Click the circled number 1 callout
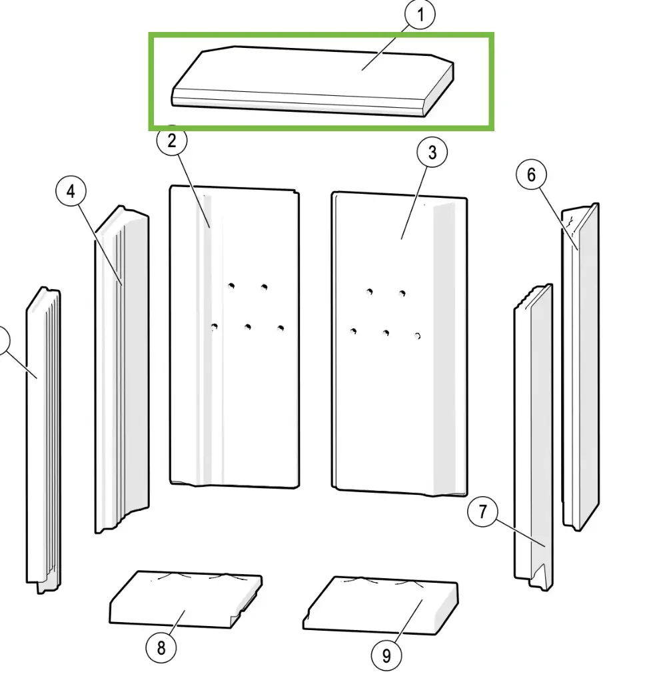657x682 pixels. [x=420, y=15]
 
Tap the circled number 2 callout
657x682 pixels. [x=172, y=141]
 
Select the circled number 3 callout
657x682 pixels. [x=432, y=153]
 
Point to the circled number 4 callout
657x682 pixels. [x=71, y=191]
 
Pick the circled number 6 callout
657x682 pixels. [x=531, y=174]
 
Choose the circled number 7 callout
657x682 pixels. [x=482, y=511]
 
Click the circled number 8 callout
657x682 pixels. [x=161, y=647]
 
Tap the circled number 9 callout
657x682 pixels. [x=386, y=655]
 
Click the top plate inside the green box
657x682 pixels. [x=313, y=81]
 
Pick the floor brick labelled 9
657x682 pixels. [x=380, y=605]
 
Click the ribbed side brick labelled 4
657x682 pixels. [x=122, y=369]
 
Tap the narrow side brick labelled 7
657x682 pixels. [x=534, y=437]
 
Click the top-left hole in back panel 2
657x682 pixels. [x=231, y=286]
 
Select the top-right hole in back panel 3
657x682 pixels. [x=402, y=293]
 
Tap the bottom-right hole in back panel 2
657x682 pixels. [x=281, y=328]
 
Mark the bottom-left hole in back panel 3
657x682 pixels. [x=353, y=332]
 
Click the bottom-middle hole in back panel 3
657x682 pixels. [x=386, y=333]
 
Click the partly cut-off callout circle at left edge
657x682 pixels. [x=3, y=340]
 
